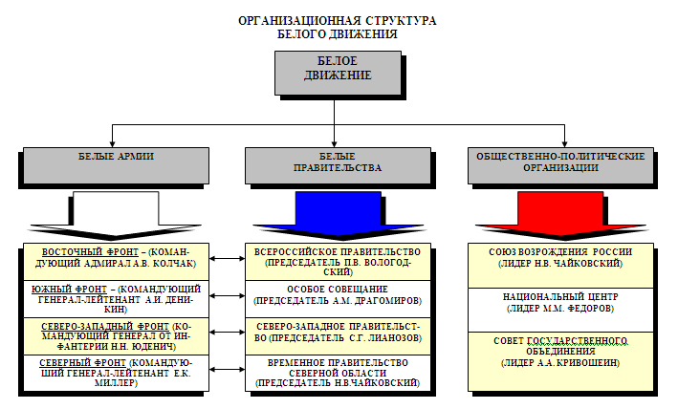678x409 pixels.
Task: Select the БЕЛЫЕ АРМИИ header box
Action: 116,163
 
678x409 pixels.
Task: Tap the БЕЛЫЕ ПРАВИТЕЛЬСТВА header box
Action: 333,163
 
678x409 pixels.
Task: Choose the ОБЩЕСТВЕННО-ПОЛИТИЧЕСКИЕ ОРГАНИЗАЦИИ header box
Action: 559,163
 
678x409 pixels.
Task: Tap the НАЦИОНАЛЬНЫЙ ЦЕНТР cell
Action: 559,305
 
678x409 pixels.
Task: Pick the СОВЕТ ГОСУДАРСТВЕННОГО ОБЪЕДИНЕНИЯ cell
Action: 559,351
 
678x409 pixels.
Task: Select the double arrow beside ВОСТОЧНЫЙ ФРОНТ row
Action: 227,259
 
